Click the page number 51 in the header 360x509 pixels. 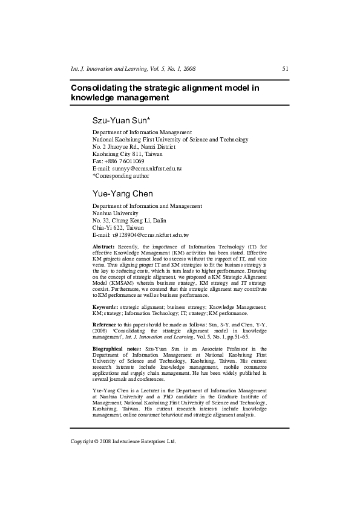coord(286,69)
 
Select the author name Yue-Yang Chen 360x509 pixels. coord(122,193)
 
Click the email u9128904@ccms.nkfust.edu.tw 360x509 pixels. coord(148,235)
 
